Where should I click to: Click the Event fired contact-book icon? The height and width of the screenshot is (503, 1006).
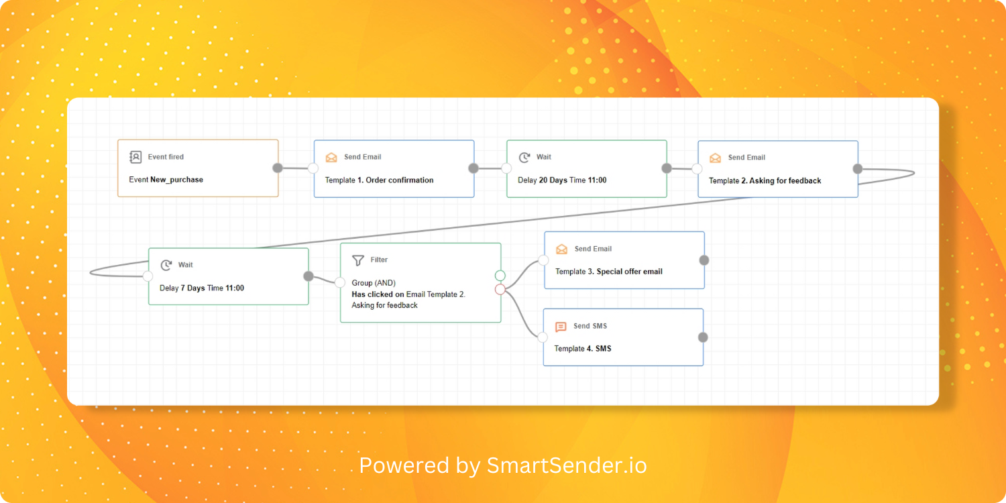click(x=135, y=157)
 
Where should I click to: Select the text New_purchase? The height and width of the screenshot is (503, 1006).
click(x=176, y=180)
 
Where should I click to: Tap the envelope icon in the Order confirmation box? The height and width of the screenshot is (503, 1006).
click(x=331, y=157)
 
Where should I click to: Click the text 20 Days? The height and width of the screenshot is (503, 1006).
click(x=553, y=180)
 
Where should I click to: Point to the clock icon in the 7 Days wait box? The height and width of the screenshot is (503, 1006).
click(x=166, y=266)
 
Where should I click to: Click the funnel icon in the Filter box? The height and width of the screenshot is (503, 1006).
click(x=358, y=260)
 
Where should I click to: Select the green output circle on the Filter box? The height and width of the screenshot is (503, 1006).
click(x=500, y=275)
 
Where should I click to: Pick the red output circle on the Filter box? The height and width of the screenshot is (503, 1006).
click(x=500, y=289)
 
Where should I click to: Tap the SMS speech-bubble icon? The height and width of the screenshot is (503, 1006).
click(x=561, y=327)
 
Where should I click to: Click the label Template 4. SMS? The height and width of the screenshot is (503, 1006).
click(x=583, y=349)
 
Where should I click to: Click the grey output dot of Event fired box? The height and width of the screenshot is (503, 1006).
click(x=278, y=168)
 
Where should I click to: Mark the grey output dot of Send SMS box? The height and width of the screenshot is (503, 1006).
click(x=703, y=337)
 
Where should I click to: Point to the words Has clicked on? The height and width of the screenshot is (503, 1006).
click(x=378, y=294)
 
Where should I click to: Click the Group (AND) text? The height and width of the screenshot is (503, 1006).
click(x=374, y=283)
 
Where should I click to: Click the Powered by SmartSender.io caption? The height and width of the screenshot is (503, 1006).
click(x=503, y=465)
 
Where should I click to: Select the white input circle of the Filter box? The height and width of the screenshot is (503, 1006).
click(x=340, y=282)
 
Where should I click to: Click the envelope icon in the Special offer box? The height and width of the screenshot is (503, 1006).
click(x=561, y=249)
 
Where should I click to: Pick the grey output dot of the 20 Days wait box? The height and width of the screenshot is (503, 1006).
click(x=666, y=168)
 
